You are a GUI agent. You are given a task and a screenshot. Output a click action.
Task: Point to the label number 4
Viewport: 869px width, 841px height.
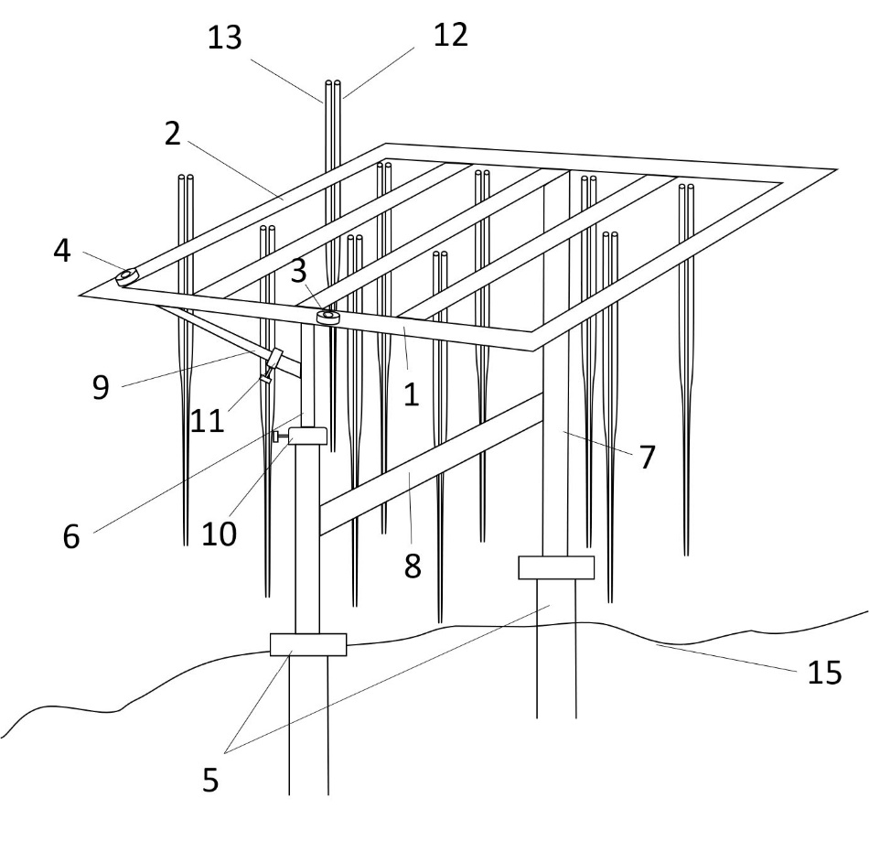62,251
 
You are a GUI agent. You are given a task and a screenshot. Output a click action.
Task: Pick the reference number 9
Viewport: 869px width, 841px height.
101,386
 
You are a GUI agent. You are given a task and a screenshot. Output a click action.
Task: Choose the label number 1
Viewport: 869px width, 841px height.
411,395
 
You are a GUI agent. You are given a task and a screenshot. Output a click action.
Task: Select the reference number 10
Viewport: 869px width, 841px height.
220,532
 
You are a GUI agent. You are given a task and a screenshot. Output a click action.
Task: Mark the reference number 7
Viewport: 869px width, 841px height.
647,456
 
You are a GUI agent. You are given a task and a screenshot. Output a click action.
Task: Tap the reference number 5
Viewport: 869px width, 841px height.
211,781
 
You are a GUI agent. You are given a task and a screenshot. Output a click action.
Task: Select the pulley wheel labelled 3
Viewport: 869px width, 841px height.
327,317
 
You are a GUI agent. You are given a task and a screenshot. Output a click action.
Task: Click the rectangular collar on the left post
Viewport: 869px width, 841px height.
308,644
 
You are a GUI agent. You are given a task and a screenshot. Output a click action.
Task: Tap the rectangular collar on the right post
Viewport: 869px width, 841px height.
556,567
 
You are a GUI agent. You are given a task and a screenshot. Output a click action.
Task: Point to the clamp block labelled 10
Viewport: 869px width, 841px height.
307,436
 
